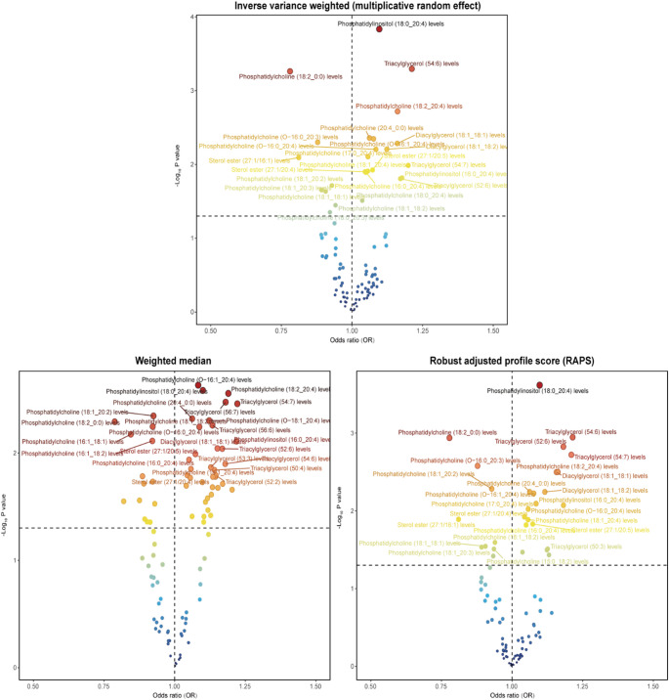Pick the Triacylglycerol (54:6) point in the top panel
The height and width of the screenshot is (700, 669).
click(412, 68)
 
